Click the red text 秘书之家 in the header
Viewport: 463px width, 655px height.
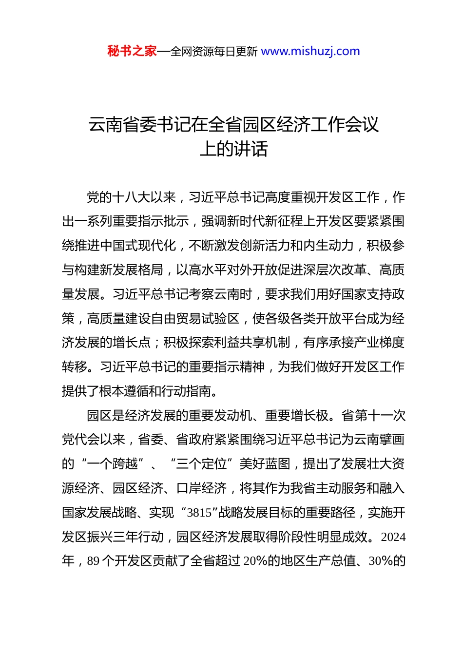click(132, 51)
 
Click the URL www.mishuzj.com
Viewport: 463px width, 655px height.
click(310, 51)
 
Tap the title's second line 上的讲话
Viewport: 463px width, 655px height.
click(233, 149)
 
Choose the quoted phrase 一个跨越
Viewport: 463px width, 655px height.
click(113, 463)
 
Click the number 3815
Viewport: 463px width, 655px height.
click(199, 513)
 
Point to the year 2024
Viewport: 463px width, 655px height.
click(393, 537)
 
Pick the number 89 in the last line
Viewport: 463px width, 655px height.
click(93, 561)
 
